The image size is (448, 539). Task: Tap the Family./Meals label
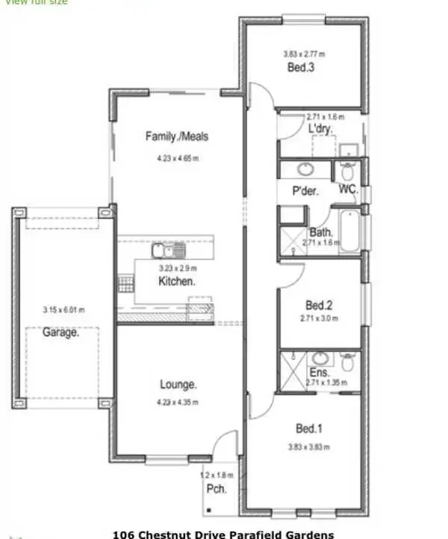[177, 136]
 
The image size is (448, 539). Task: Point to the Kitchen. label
[177, 281]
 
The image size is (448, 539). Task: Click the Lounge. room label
[178, 385]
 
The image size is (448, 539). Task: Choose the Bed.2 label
[319, 305]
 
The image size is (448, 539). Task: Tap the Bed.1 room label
[309, 429]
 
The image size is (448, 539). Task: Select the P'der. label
[305, 191]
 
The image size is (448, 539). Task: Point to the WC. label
[348, 189]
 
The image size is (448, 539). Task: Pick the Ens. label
[318, 372]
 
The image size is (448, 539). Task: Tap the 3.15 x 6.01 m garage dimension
[63, 310]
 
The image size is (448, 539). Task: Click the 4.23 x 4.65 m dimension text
[178, 158]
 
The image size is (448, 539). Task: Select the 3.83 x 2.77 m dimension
[304, 54]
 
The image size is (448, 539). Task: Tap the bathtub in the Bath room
[349, 231]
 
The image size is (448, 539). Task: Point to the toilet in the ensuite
[347, 363]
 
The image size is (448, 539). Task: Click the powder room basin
[307, 168]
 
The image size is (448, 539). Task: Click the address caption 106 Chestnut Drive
[223, 534]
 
